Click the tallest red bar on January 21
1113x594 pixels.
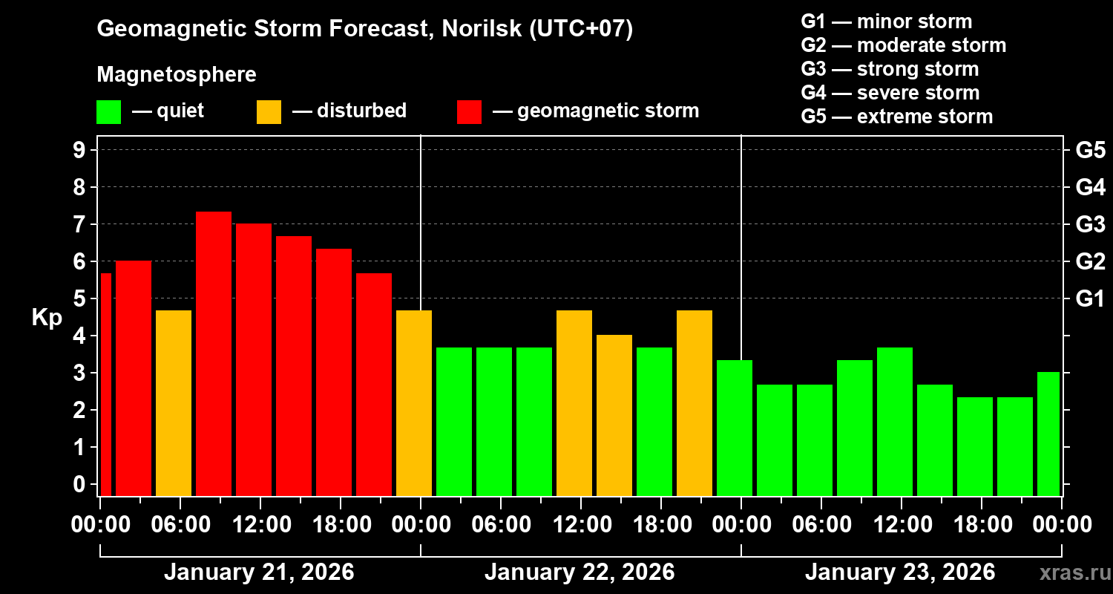pyautogui.click(x=214, y=353)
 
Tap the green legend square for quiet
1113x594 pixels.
pyautogui.click(x=108, y=112)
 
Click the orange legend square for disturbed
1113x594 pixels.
pyautogui.click(x=269, y=112)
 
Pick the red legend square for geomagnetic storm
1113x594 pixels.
pyautogui.click(x=469, y=112)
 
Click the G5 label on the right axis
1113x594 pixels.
pyautogui.click(x=1090, y=150)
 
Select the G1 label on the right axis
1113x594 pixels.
pyautogui.click(x=1090, y=299)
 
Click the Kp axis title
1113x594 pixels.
pyautogui.click(x=47, y=318)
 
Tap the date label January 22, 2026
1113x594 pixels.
pyautogui.click(x=580, y=572)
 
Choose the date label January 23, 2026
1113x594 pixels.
pyautogui.click(x=900, y=572)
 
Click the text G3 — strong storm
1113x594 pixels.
pyautogui.click(x=890, y=69)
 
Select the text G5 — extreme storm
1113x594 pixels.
pyautogui.click(x=896, y=117)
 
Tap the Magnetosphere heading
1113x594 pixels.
pyautogui.click(x=177, y=75)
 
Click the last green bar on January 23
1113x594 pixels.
pyautogui.click(x=1048, y=434)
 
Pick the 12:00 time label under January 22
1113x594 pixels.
pyautogui.click(x=581, y=525)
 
